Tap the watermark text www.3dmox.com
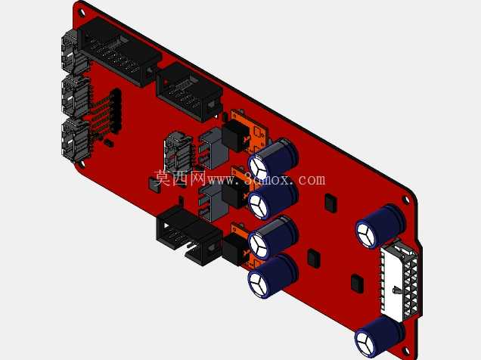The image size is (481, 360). click(x=266, y=178)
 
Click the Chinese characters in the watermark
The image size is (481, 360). click(x=180, y=178)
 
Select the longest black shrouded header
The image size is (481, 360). click(x=119, y=51)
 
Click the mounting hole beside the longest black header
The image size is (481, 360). click(x=82, y=13)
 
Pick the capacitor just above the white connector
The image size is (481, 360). click(x=380, y=225)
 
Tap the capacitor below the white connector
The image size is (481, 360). click(x=379, y=337)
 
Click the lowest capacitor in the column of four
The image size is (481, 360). click(x=272, y=276)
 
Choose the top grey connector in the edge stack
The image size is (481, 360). click(x=73, y=52)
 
